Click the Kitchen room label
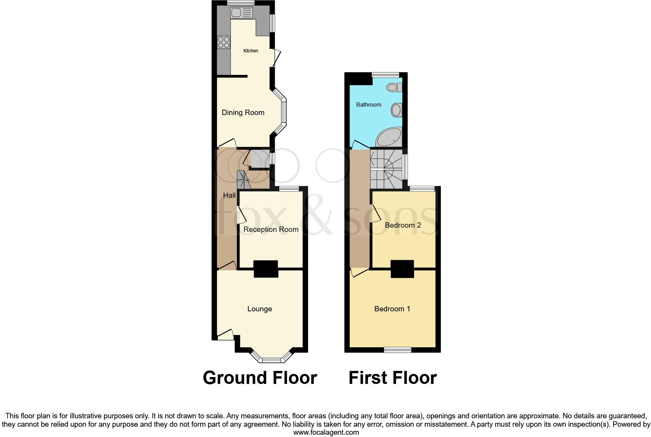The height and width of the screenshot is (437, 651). click(251, 51)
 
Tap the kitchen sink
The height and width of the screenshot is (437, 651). click(241, 13)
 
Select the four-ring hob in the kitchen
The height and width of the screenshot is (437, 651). click(223, 42)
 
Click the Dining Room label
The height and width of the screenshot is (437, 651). click(243, 112)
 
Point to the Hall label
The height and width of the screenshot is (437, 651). click(229, 195)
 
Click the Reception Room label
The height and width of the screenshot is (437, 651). click(271, 229)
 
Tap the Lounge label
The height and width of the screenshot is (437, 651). click(259, 309)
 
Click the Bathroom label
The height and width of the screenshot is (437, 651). click(369, 105)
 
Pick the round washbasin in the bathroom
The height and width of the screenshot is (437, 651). click(397, 110)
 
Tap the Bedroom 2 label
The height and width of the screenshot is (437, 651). click(403, 225)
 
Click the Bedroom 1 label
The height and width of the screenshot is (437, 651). click(392, 309)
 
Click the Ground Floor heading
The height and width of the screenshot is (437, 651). click(260, 377)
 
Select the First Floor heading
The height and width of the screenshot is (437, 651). click(392, 377)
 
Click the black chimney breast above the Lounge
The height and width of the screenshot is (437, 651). click(266, 269)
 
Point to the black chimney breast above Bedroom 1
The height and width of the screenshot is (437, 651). click(402, 269)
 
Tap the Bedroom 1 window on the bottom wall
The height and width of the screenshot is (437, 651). click(398, 350)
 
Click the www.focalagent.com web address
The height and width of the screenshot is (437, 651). click(326, 432)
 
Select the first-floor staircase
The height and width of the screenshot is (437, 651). click(387, 169)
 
